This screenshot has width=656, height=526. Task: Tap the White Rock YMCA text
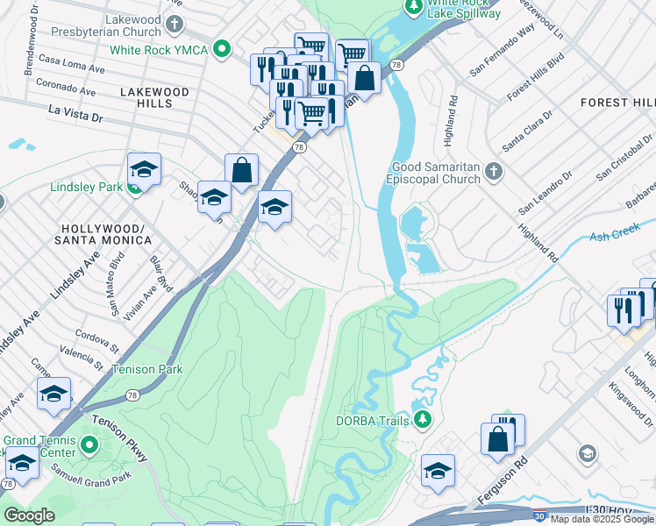click(x=158, y=50)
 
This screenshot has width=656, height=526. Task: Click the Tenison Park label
click(x=147, y=369)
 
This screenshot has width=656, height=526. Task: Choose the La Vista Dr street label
click(x=76, y=112)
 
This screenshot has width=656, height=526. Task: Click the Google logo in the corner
click(x=29, y=515)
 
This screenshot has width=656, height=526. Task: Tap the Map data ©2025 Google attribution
click(x=603, y=520)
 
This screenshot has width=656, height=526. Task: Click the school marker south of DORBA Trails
click(x=438, y=470)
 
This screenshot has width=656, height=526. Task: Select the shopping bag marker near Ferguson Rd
click(x=497, y=438)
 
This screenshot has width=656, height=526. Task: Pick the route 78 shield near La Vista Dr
click(x=300, y=147)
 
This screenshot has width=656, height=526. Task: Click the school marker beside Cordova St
click(x=53, y=394)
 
